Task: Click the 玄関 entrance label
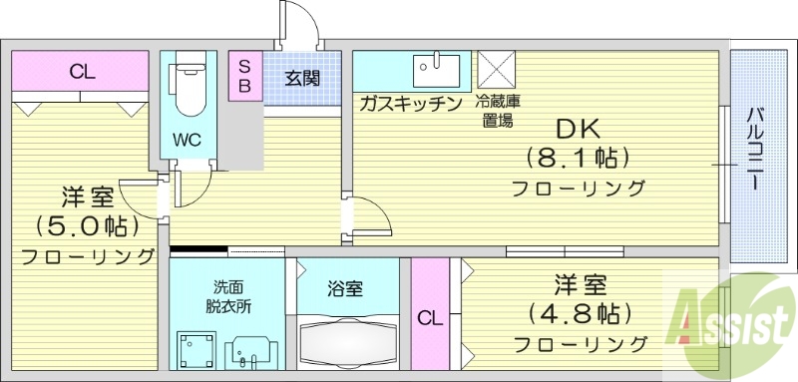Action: [301, 78]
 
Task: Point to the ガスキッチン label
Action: [410, 103]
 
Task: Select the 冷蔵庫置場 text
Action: [495, 111]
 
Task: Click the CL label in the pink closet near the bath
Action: [429, 319]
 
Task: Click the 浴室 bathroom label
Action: [345, 289]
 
